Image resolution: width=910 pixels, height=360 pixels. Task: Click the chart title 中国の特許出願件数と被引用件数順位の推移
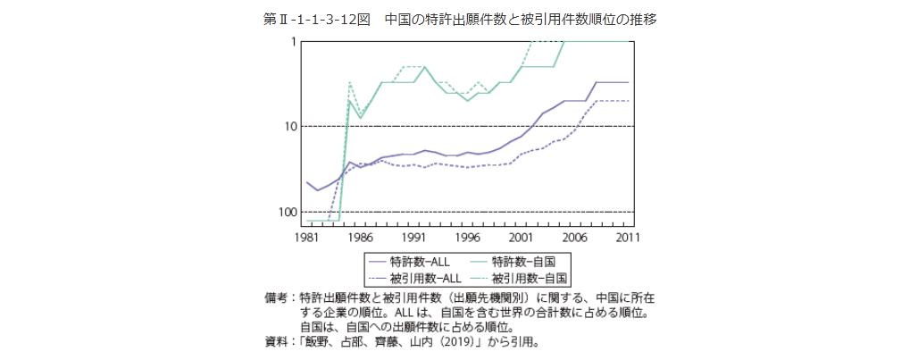pos(520,19)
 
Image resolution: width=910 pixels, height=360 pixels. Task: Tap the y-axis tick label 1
pos(292,42)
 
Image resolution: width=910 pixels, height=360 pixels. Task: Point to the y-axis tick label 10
pos(289,127)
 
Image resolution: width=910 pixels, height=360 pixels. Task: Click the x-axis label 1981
pos(306,239)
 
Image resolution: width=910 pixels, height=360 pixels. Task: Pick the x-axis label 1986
pos(360,239)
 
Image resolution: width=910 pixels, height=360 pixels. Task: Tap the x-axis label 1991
pos(413,239)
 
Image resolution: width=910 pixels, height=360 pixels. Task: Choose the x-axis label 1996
pos(467,239)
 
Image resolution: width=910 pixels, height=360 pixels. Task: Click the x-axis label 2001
pos(522,239)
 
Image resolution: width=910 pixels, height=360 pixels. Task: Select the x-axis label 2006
pos(575,239)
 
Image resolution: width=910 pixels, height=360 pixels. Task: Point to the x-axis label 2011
pos(629,239)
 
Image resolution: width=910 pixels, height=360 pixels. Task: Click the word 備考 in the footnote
pos(276,296)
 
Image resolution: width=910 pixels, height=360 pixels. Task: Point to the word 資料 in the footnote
pos(276,341)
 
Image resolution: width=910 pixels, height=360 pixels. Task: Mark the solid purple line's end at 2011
pos(629,82)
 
